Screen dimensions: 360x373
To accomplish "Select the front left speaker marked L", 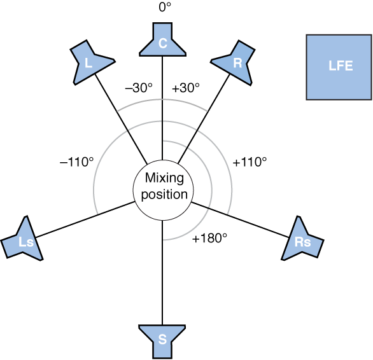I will click(x=90, y=62).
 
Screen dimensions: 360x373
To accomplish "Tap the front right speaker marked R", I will click(x=234, y=62).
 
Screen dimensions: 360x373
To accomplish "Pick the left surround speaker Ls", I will click(x=24, y=240).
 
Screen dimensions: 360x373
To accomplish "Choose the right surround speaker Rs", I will click(x=302, y=240).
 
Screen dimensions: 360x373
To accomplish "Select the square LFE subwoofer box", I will click(x=339, y=67).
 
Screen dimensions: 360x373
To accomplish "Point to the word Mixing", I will click(x=164, y=179).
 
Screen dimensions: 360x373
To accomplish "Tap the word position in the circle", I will click(x=164, y=195).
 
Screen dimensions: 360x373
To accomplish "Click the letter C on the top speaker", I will click(x=162, y=43).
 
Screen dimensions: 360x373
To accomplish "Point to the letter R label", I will click(x=237, y=63).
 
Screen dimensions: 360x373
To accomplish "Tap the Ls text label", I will click(x=26, y=242).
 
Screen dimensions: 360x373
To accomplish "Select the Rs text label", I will click(x=302, y=242).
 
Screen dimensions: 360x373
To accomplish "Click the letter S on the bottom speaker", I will click(x=162, y=340).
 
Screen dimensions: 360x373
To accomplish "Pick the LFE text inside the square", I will click(x=341, y=66).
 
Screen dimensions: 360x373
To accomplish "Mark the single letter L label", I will click(x=88, y=63).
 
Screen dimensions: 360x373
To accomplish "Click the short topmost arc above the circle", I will click(x=162, y=100).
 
